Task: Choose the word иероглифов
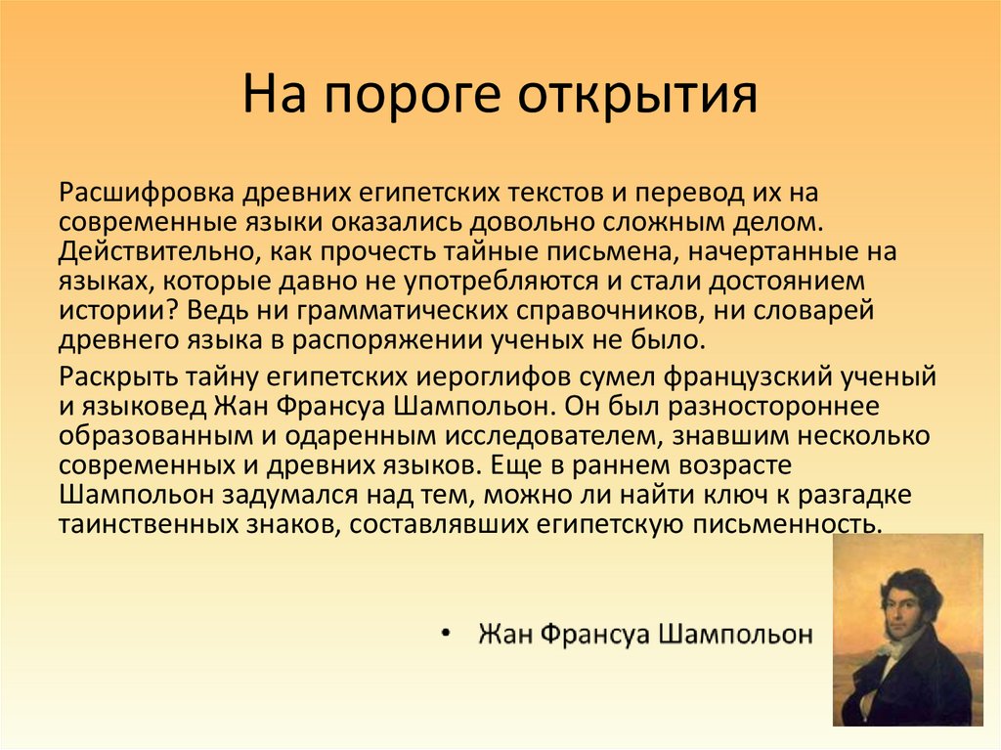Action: (x=468, y=377)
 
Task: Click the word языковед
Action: (x=137, y=406)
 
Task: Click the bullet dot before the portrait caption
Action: (x=446, y=635)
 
